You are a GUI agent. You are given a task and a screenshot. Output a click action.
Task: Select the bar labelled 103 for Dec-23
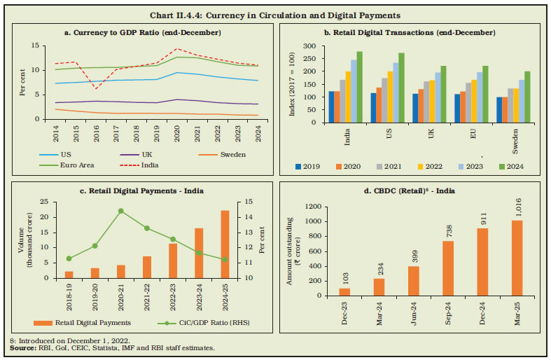(344, 291)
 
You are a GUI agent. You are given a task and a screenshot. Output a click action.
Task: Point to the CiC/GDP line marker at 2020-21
(120, 211)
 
